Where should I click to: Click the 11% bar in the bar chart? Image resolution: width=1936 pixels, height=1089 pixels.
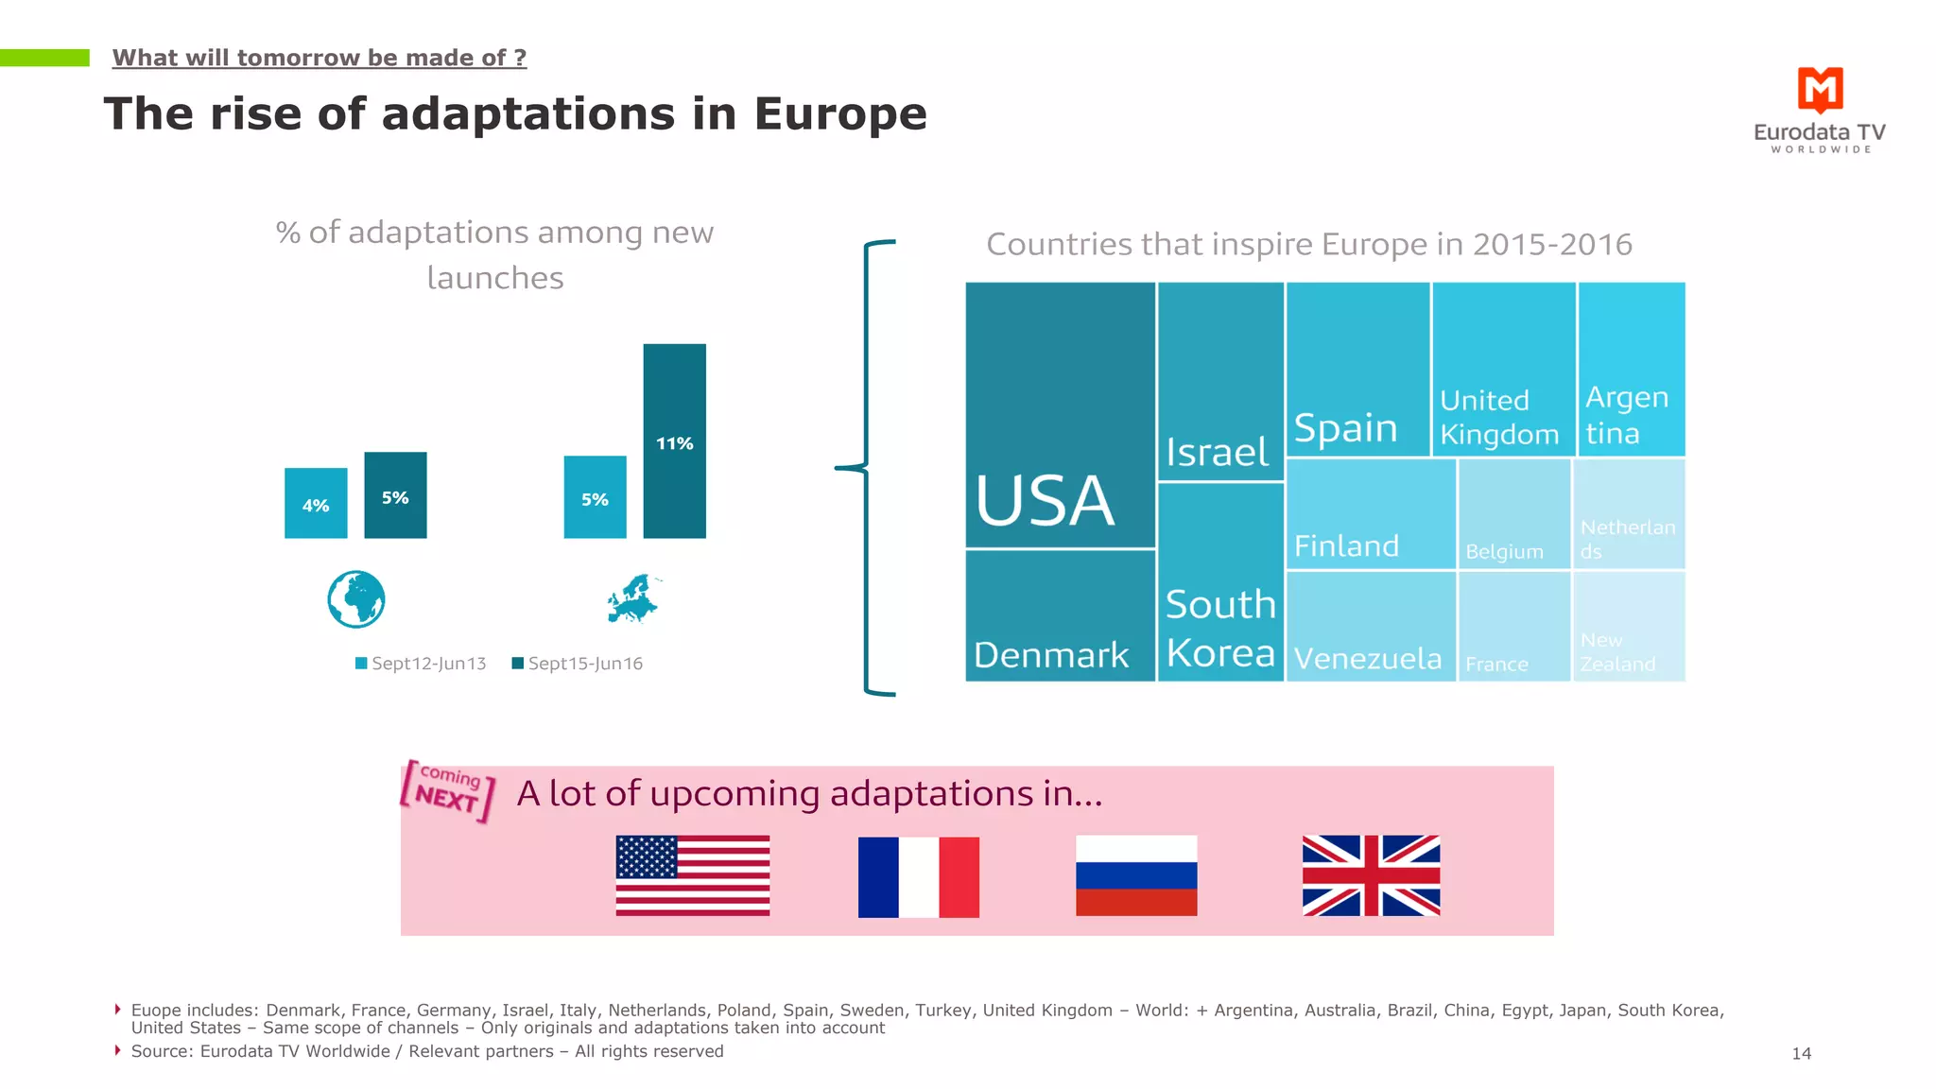click(674, 441)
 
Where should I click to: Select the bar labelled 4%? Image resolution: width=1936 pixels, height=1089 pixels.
click(316, 503)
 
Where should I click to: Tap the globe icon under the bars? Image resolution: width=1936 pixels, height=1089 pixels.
click(355, 599)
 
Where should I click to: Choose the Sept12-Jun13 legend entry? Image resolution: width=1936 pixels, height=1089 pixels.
click(421, 664)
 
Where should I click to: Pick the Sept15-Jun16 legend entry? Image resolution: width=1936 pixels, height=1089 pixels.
click(577, 664)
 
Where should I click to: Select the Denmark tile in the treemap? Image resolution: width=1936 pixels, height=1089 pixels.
click(1060, 615)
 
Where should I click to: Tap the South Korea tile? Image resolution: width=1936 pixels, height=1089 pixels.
click(1220, 581)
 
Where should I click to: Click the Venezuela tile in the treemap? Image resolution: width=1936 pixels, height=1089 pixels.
click(1370, 626)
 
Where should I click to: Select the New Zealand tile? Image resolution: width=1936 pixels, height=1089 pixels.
click(1629, 626)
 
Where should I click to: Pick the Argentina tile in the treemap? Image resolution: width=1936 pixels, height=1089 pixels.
click(1631, 369)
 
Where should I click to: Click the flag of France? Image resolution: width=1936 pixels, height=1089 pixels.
click(918, 876)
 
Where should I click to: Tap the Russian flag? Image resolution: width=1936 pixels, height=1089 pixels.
click(1136, 875)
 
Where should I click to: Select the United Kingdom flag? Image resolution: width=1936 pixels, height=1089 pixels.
click(1371, 875)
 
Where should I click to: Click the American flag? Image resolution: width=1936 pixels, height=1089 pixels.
click(692, 875)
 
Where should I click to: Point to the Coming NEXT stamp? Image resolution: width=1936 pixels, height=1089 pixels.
click(448, 790)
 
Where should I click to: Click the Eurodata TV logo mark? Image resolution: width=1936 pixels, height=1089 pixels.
click(1820, 90)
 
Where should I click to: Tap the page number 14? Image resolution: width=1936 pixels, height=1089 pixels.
click(1801, 1053)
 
